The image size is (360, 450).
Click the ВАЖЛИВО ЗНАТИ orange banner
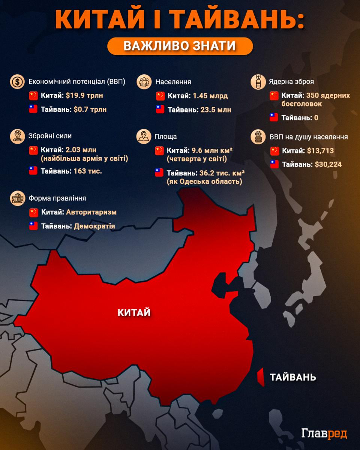point(180,46)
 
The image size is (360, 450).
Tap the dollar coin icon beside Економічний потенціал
point(17,82)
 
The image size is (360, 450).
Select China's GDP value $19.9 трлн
point(84,96)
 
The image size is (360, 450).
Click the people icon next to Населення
point(144,82)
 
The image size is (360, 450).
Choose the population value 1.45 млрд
point(210,96)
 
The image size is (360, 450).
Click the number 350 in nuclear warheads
point(313,95)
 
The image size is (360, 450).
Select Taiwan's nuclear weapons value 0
point(316,118)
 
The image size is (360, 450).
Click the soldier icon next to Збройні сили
point(17,136)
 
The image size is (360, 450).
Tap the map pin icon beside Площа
point(144,136)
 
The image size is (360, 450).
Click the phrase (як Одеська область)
point(204,181)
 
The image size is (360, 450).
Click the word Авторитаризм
point(91,212)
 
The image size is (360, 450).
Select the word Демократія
point(94,226)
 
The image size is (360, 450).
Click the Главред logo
point(324,433)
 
